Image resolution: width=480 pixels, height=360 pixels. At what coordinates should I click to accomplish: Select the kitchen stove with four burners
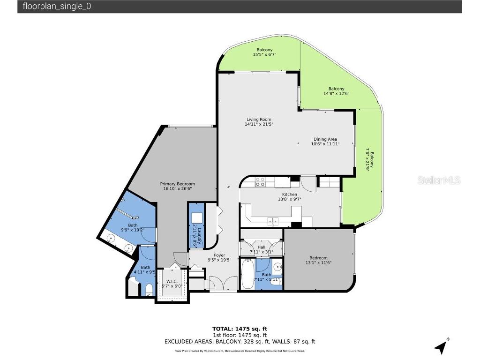point(260,181)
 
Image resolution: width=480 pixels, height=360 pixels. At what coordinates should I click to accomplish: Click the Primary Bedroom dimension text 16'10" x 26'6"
point(177,189)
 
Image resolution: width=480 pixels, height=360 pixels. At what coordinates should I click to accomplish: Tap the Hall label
point(262,247)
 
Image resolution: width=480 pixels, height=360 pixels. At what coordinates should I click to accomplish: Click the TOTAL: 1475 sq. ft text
point(240,329)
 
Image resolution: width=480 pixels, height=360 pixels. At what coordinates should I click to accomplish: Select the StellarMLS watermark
point(438,180)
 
